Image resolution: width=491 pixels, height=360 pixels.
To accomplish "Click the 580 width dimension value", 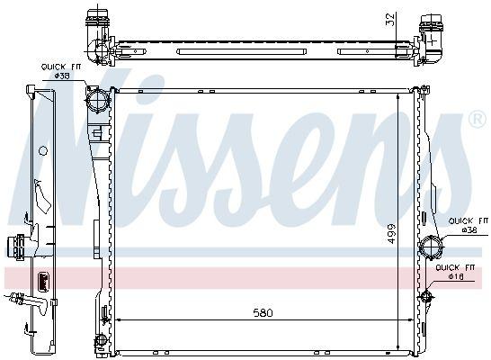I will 262,312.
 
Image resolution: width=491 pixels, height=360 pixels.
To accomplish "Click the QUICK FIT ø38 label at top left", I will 57,71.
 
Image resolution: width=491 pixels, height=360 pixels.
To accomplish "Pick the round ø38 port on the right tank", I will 432,245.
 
